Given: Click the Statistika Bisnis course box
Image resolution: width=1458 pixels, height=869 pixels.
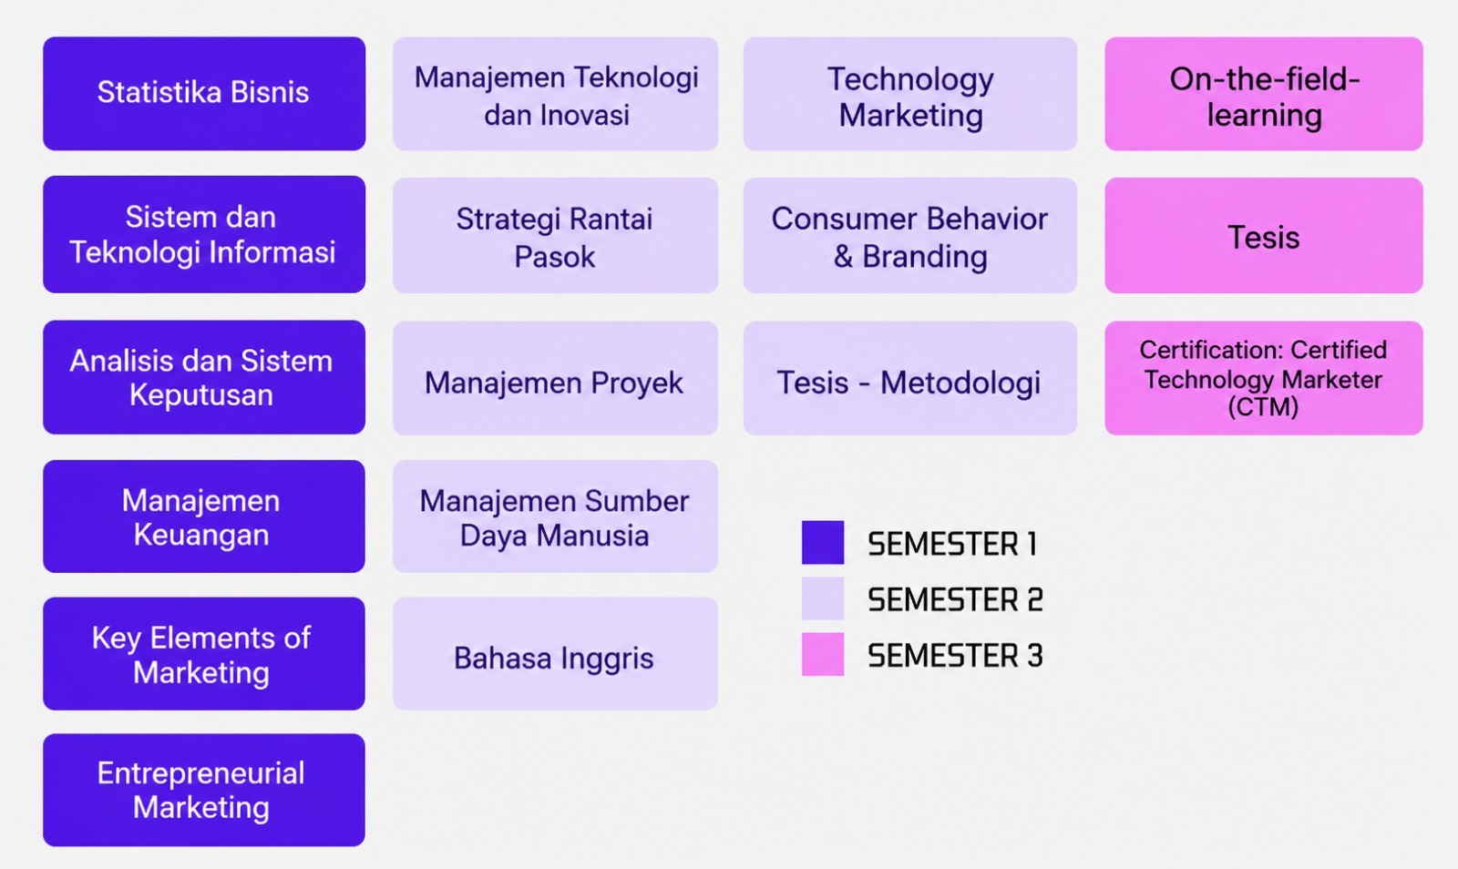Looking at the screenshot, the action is click(204, 94).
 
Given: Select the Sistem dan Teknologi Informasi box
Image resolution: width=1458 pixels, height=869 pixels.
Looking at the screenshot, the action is click(204, 234).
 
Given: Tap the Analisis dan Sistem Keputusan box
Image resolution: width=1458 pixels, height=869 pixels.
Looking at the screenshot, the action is click(204, 377).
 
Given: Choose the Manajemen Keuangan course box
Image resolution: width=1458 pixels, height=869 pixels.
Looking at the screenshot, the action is click(204, 516).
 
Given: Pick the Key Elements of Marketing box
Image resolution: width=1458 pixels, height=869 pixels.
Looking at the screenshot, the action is click(204, 654).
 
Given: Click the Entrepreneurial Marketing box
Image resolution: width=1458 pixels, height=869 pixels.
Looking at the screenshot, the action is click(204, 791).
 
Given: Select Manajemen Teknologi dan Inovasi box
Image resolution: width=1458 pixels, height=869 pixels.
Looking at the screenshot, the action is click(555, 94).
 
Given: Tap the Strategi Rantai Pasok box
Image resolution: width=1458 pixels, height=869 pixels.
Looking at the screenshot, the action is click(555, 235).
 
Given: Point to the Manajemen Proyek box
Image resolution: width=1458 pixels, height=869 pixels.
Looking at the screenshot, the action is click(555, 378).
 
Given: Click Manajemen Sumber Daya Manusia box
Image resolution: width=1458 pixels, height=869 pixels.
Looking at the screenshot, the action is click(555, 516).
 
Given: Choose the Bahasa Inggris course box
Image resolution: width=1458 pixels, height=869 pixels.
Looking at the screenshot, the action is click(555, 654).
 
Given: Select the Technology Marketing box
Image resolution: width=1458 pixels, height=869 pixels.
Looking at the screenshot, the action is click(910, 94).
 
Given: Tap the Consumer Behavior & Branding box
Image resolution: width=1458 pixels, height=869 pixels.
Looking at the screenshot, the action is click(910, 235).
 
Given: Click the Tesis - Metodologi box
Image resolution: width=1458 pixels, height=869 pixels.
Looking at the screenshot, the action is click(910, 378).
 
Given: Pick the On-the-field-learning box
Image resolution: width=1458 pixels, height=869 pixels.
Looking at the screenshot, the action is click(1264, 94).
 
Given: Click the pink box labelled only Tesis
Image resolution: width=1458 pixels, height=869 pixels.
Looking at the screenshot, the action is click(1264, 235).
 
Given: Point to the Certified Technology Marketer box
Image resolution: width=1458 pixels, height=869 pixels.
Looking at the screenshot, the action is click(1264, 378).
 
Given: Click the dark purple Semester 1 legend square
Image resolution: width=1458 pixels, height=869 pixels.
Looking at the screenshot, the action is click(823, 542).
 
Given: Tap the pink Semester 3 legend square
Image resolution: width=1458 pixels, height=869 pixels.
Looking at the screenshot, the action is click(823, 654).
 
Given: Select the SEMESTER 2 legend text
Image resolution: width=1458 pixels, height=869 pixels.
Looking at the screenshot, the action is click(956, 599).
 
